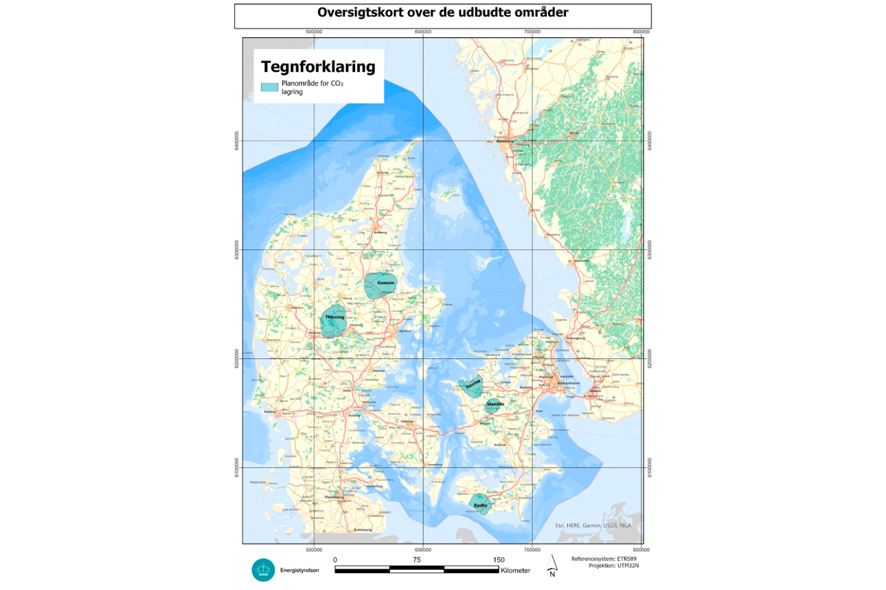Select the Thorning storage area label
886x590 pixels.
click(x=335, y=317)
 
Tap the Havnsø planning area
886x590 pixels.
click(x=471, y=386)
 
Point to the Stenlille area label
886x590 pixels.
click(x=495, y=404)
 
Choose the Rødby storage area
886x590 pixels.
click(x=480, y=504)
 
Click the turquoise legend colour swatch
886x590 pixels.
click(x=269, y=87)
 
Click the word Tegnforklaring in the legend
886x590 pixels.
click(x=318, y=66)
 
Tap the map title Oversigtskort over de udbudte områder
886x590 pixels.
click(x=442, y=12)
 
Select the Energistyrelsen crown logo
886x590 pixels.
click(x=263, y=570)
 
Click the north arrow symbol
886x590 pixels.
click(x=553, y=564)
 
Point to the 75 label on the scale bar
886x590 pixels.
click(x=417, y=560)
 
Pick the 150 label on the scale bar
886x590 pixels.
click(x=498, y=560)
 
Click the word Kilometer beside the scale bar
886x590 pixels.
click(x=515, y=570)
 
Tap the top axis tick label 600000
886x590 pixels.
click(x=423, y=31)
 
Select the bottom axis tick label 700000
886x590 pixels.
click(x=532, y=549)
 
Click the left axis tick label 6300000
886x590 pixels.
click(x=237, y=249)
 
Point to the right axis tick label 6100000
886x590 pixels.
click(x=649, y=467)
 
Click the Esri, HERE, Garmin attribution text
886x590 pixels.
click(x=593, y=525)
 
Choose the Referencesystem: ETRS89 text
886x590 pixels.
click(x=604, y=559)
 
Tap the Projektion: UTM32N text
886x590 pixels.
click(x=613, y=566)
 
